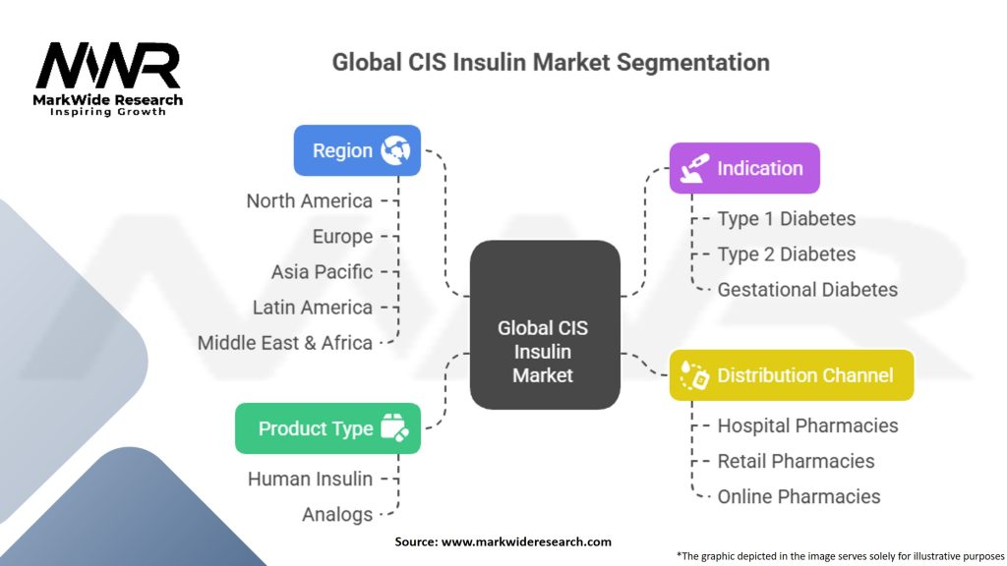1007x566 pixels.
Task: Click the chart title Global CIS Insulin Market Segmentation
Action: [x=550, y=62]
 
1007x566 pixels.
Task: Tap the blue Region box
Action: [x=357, y=150]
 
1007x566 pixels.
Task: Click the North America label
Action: [x=309, y=201]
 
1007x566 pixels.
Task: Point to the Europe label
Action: [x=342, y=237]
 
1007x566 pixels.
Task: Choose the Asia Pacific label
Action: [x=322, y=272]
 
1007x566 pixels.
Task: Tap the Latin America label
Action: [x=312, y=308]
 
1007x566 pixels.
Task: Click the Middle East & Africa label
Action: [x=284, y=343]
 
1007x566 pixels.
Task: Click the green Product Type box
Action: [x=327, y=428]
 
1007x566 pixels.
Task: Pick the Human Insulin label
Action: [x=310, y=480]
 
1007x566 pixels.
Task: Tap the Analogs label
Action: [x=336, y=515]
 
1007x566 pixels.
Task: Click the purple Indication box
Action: [x=743, y=168]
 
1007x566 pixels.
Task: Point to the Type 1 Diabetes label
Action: [x=786, y=219]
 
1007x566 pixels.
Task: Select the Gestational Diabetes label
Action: [x=806, y=290]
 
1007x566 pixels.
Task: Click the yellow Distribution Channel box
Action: [x=791, y=375]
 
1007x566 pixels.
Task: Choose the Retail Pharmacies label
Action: [x=796, y=461]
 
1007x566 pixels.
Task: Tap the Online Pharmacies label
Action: [x=799, y=496]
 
